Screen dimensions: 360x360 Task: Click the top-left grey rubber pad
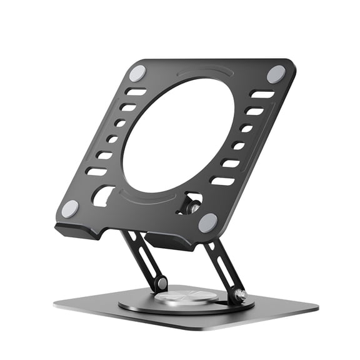[137, 73]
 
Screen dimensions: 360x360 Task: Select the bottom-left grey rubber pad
[70, 208]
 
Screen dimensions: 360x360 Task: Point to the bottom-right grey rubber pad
[207, 222]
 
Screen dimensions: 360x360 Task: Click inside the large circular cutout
[178, 134]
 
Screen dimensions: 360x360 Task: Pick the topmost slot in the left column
[136, 92]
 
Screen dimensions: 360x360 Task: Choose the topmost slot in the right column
[262, 95]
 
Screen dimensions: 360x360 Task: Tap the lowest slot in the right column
[222, 181]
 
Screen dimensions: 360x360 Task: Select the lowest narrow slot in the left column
[96, 171]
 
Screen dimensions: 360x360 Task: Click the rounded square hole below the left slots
[102, 196]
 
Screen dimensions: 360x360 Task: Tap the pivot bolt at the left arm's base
[161, 283]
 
